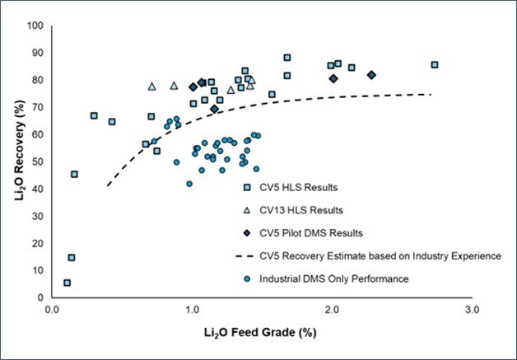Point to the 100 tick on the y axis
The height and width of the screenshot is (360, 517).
pos(35,26)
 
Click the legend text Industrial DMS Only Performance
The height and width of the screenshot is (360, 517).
pos(333,279)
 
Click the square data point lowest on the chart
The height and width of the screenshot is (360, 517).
pos(67,283)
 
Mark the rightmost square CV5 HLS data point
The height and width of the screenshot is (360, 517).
pos(435,64)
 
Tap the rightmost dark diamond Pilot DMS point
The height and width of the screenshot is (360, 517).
pos(371,75)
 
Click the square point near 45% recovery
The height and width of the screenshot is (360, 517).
pos(74,174)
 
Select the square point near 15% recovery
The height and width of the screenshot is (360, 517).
pos(72,257)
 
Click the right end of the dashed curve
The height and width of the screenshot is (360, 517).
pos(431,94)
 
